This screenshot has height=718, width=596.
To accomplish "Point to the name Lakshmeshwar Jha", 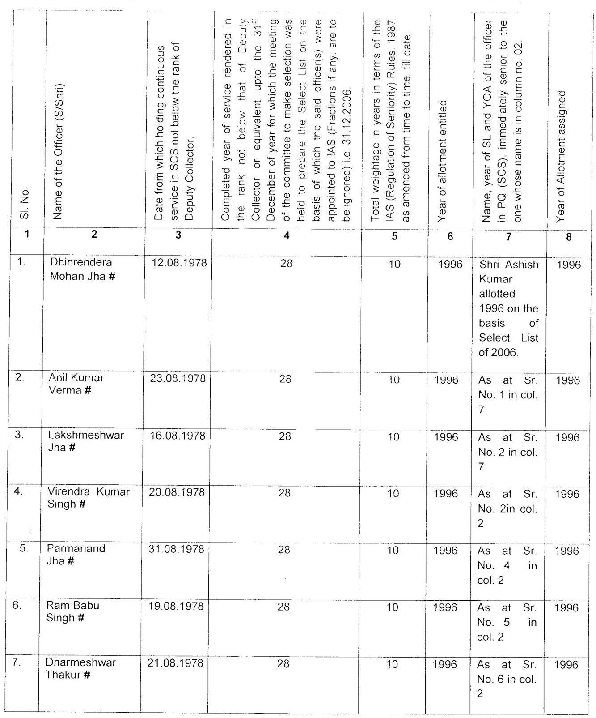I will [x=85, y=441].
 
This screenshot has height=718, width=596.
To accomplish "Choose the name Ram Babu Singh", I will [x=73, y=611].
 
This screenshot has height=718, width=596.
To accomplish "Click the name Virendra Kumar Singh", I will [x=88, y=498].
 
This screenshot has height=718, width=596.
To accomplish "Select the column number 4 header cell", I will [x=286, y=236].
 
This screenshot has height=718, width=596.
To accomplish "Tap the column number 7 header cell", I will [x=508, y=236].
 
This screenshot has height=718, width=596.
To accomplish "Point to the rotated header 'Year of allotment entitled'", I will [x=443, y=161].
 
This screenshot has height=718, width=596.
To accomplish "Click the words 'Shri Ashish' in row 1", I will [x=509, y=265].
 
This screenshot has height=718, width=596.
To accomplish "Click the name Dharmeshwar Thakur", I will [x=80, y=668].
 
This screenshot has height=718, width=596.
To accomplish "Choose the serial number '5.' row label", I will [x=24, y=548].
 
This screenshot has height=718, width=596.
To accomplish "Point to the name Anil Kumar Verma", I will [x=76, y=384].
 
